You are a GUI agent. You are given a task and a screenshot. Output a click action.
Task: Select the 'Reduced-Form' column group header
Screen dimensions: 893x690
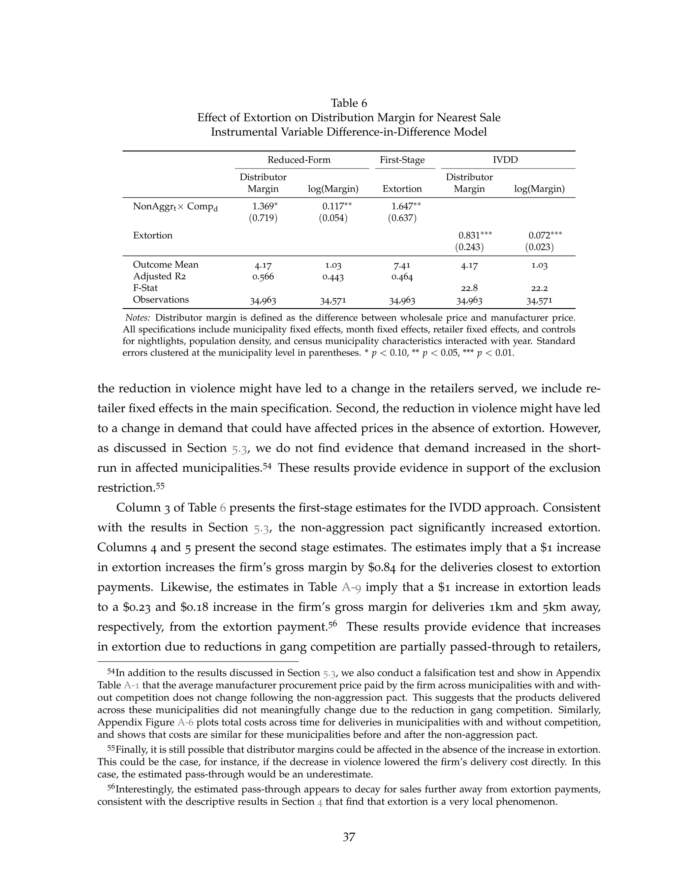click(x=299, y=160)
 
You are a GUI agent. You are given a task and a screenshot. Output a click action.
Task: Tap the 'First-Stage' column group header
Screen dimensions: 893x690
click(x=402, y=160)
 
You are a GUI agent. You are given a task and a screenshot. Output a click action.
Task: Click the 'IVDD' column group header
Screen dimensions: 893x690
click(x=505, y=160)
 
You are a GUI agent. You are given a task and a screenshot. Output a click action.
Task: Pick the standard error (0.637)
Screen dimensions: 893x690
click(x=402, y=218)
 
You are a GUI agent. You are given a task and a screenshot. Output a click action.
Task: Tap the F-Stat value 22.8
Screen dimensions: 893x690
click(x=469, y=288)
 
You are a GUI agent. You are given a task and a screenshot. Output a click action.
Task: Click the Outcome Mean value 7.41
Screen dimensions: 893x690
click(x=402, y=265)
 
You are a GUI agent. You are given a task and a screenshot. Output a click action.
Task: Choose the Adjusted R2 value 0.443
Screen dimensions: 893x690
click(x=333, y=277)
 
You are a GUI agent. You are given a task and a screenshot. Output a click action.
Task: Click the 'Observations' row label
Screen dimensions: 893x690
click(x=161, y=300)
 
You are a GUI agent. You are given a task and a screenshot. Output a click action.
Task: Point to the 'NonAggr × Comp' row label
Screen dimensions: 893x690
click(x=175, y=207)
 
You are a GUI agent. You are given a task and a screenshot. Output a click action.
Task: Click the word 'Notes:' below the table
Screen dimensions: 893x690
click(x=138, y=318)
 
